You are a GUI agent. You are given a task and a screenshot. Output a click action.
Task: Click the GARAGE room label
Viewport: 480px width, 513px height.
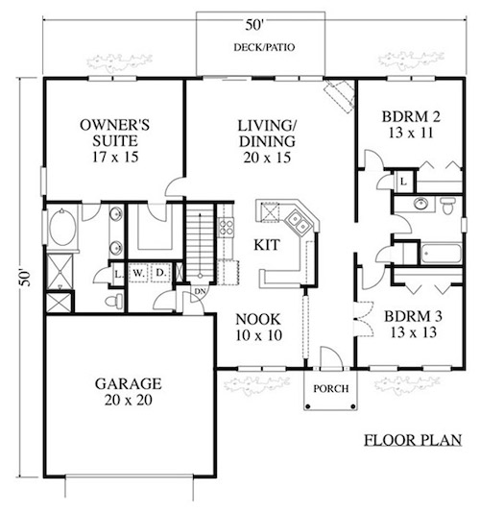coord(129,383)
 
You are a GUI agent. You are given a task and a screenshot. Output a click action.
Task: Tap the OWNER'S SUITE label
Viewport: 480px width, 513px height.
coord(115,133)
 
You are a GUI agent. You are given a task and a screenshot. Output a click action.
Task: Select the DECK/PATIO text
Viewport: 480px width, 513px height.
coord(264,47)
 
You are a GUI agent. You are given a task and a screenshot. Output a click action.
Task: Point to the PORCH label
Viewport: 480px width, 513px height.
coord(331,389)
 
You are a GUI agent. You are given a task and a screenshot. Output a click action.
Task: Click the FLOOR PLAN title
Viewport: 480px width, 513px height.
coord(413,440)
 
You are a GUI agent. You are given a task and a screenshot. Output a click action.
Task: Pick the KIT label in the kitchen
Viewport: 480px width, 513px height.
coord(267,245)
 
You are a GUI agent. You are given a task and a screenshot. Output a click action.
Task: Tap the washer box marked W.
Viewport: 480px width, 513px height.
coord(138,273)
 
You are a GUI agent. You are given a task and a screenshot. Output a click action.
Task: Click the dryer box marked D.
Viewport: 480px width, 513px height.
coord(161,273)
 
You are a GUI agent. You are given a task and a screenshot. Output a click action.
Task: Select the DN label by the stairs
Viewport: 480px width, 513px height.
coord(200,290)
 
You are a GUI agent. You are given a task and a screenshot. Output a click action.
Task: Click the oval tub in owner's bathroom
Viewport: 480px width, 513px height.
coord(62,228)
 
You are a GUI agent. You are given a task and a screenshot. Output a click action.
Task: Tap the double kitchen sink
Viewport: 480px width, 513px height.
coord(298,222)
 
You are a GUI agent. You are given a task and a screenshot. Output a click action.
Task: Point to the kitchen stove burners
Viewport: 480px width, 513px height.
coord(226,227)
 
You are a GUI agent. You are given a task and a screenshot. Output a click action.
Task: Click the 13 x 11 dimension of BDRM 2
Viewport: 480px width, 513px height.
coord(411,133)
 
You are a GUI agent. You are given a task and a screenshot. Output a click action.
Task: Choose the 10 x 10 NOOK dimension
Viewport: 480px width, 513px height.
coord(258,335)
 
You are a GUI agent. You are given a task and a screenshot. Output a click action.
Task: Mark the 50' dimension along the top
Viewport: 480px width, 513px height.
coord(254,25)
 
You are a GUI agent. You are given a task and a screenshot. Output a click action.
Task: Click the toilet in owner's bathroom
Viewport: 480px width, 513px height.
coord(114,301)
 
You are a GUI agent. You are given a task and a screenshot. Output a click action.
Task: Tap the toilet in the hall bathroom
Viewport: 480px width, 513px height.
coord(447,206)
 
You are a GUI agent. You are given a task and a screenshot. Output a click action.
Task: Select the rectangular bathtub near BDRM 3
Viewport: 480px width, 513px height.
coord(441,254)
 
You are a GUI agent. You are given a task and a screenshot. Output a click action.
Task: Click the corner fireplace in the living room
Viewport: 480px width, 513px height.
coord(340,96)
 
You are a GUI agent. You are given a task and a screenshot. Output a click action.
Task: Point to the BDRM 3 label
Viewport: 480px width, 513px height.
coord(413,316)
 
